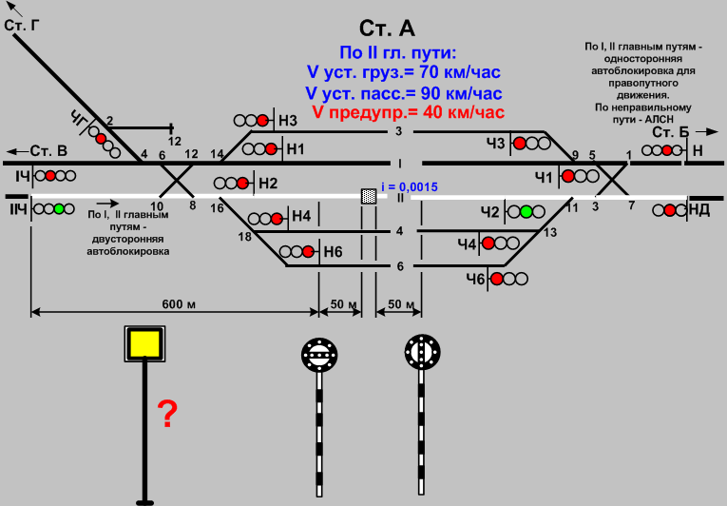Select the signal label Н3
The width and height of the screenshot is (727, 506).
[288, 120]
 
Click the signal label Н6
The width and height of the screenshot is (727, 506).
[332, 252]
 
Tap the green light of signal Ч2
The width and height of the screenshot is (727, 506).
[526, 210]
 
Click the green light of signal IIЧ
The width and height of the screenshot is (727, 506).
[59, 208]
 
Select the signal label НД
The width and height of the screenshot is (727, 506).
[698, 209]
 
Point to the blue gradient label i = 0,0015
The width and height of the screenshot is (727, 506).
[409, 187]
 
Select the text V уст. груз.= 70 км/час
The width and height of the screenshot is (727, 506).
[403, 71]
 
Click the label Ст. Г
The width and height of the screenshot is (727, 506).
[24, 25]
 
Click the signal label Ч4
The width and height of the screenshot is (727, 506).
[466, 244]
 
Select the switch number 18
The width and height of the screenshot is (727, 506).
[245, 236]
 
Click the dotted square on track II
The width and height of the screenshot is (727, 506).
[368, 196]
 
